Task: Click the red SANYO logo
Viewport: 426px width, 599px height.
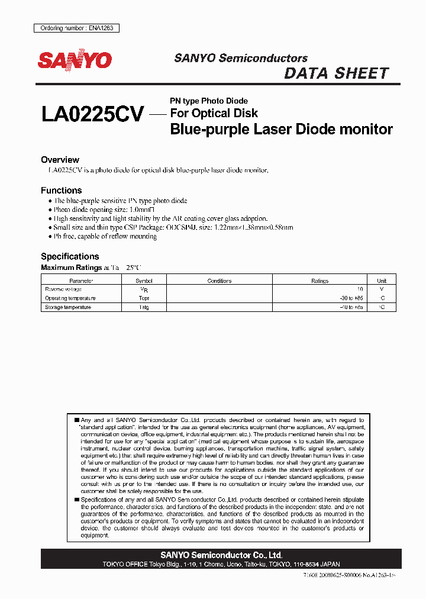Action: click(x=75, y=60)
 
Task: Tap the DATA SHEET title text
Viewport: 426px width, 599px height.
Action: click(x=336, y=73)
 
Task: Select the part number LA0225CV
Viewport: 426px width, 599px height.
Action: click(x=92, y=114)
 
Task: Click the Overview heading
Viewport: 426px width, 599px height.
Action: click(x=60, y=160)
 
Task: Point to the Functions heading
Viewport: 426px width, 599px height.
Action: click(x=61, y=191)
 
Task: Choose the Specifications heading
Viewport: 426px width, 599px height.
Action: click(x=69, y=256)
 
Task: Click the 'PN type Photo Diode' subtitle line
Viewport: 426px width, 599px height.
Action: click(x=209, y=101)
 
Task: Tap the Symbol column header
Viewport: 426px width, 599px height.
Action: click(x=144, y=281)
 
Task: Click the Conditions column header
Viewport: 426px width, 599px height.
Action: click(x=220, y=281)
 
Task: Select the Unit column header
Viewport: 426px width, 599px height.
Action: click(x=382, y=281)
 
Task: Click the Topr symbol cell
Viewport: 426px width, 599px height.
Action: click(x=144, y=298)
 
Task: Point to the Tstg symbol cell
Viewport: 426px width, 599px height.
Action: click(x=144, y=307)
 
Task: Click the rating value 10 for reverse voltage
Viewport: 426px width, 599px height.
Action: click(x=359, y=289)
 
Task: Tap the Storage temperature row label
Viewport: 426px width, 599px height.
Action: click(x=68, y=307)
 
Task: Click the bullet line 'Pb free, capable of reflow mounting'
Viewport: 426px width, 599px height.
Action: click(x=105, y=236)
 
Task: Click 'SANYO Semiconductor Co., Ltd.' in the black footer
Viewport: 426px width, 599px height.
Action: click(x=221, y=555)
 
